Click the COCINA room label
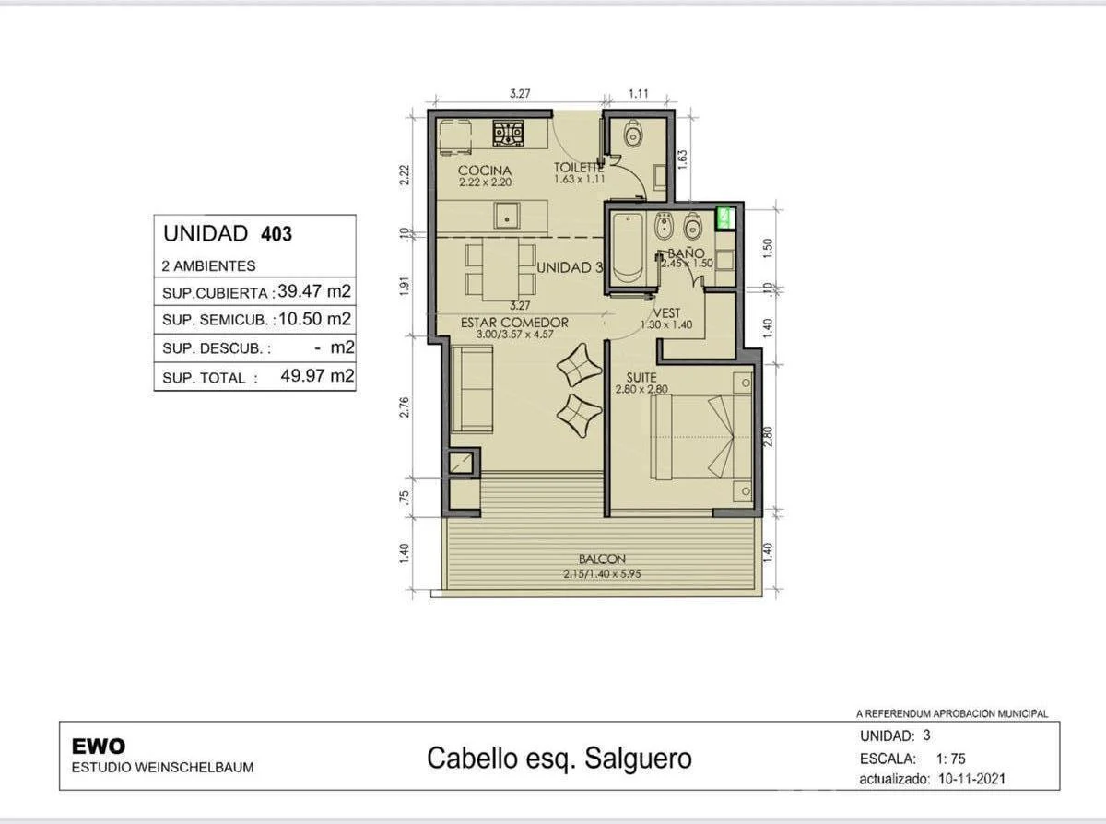coord(484,171)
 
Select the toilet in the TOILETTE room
coord(632,136)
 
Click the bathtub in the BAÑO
coord(630,248)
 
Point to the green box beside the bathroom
coord(724,218)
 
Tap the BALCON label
coord(602,559)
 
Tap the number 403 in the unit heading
coord(276,234)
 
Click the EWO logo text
coord(98,747)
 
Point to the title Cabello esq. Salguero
coord(559,759)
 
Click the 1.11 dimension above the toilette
coord(640,93)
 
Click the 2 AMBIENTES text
coord(209,265)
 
